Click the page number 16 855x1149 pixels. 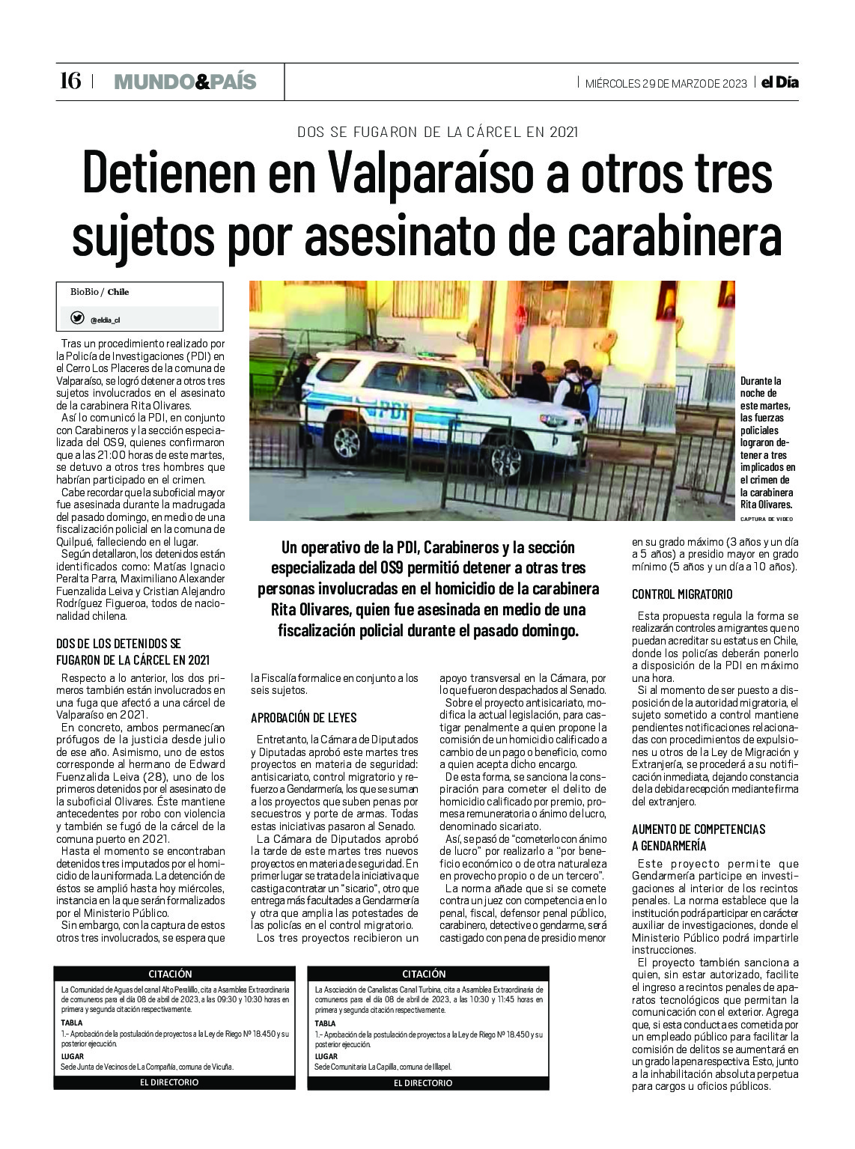pos(70,81)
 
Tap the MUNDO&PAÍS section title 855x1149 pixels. pos(185,82)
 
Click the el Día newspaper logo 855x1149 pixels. pos(779,82)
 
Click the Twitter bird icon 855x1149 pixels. pos(77,318)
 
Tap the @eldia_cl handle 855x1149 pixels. pos(105,320)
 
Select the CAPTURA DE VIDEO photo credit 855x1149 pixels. pos(765,519)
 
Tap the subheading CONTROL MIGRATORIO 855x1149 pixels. pos(682,594)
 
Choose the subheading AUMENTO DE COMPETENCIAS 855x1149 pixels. pos(699,829)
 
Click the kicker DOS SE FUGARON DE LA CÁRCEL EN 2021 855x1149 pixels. pos(438,132)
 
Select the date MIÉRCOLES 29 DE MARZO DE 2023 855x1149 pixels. pos(666,83)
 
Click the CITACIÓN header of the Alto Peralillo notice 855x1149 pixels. pos(170,974)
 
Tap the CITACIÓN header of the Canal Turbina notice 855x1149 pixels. pos(424,974)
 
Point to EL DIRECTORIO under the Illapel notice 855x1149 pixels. pos(423,1082)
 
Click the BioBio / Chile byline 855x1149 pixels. pos(100,292)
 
